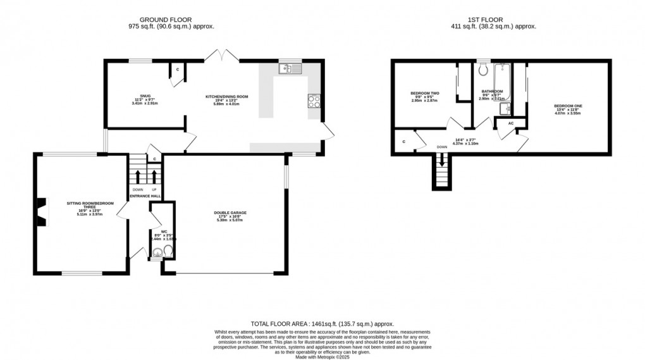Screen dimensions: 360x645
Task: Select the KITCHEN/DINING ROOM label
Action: [x=226, y=97]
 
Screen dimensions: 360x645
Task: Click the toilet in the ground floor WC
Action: [x=167, y=253]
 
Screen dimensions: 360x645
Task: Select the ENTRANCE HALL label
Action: [x=145, y=197]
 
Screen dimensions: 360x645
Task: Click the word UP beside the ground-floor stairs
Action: [x=154, y=189]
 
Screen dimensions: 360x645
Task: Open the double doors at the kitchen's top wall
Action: [x=221, y=56]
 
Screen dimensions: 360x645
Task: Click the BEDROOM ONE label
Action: [x=567, y=106]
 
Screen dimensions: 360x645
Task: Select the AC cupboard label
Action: [x=510, y=123]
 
